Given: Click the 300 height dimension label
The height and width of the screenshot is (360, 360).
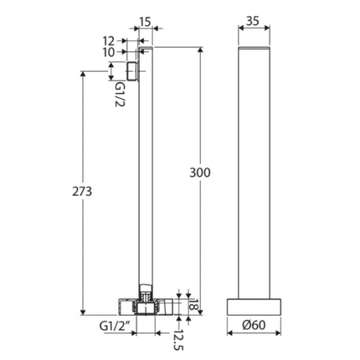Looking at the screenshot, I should pyautogui.click(x=201, y=172).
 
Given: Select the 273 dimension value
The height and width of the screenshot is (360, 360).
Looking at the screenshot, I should pyautogui.click(x=82, y=191).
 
